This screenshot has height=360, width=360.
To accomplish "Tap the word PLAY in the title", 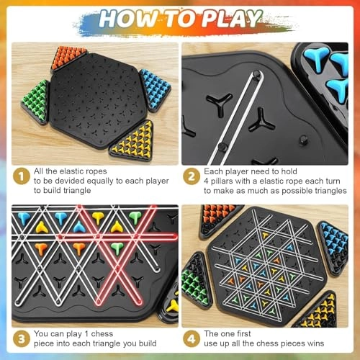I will (236, 19).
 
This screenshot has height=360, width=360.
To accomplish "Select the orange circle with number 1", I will (24, 176).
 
